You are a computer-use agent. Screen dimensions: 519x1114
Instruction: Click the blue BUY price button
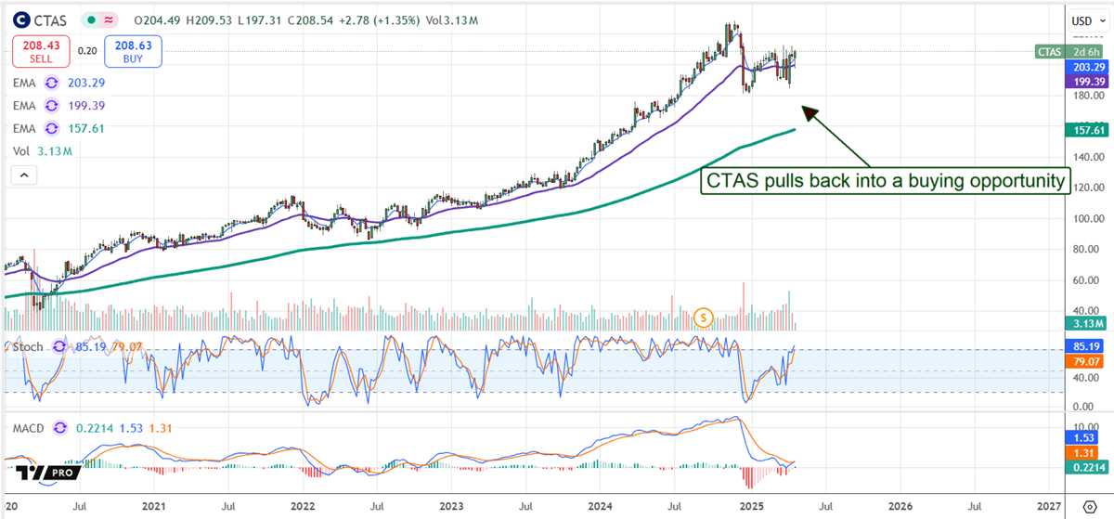133,52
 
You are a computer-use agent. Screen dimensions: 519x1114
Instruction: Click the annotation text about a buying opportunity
885,181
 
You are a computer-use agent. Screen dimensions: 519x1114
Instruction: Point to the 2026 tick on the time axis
900,507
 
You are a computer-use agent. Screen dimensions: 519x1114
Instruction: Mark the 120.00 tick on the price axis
1083,188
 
